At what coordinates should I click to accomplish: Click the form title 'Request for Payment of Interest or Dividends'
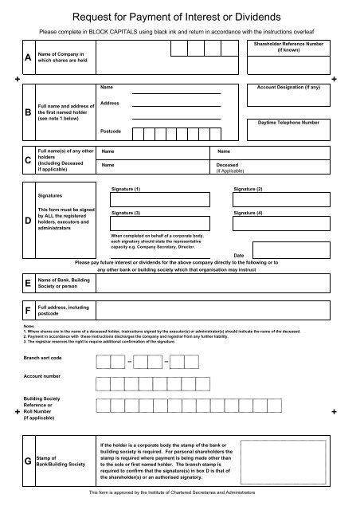click(x=179, y=15)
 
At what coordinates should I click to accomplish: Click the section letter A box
click(x=29, y=57)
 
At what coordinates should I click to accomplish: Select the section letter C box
click(x=29, y=160)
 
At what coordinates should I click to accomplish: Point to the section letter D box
click(x=29, y=218)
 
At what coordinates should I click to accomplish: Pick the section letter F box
click(x=29, y=310)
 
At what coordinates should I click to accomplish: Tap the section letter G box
click(x=29, y=461)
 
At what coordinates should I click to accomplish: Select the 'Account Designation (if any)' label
click(x=288, y=86)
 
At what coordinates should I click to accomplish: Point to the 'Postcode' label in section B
click(x=112, y=131)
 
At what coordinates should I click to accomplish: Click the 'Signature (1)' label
click(x=126, y=188)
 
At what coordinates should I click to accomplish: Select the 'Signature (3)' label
click(x=126, y=214)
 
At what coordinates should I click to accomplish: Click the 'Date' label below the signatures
click(x=238, y=254)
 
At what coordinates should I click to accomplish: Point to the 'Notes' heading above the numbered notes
click(x=29, y=326)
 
